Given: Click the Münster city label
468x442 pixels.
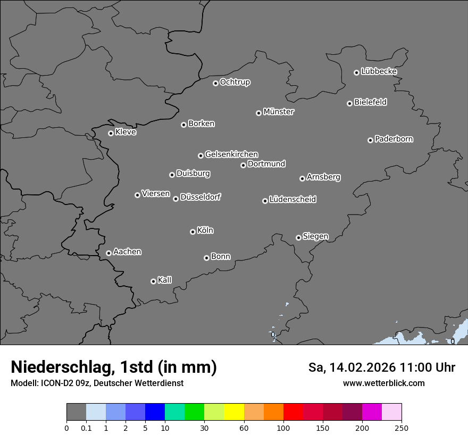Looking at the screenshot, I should [279, 112].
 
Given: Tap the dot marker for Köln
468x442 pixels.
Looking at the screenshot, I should [193, 232].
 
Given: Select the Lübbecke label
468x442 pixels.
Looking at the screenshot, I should [379, 71].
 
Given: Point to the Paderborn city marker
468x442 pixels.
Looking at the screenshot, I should [370, 140].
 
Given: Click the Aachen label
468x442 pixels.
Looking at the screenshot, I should [127, 252].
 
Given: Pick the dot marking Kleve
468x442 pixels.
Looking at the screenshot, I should [111, 133].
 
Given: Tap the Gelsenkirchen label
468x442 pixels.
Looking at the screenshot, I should [231, 154].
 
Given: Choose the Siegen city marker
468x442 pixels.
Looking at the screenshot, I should [298, 238].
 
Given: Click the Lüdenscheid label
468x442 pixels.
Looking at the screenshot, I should [292, 200].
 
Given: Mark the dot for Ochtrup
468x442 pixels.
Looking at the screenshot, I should [215, 83].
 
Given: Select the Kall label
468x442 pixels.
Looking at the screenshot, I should [165, 280].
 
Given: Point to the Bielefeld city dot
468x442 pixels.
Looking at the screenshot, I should [349, 103].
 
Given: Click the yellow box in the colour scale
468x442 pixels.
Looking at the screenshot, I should [234, 412].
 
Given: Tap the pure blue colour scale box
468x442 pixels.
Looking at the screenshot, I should [155, 412].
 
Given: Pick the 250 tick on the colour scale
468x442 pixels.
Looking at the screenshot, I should [402, 428].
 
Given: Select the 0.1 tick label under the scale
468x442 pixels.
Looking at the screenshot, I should [86, 428].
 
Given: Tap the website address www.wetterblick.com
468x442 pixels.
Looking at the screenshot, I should [383, 383].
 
